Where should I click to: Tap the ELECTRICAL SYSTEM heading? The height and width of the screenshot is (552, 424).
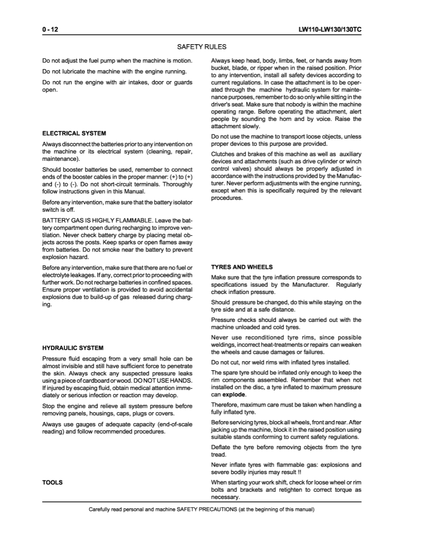point(74,133)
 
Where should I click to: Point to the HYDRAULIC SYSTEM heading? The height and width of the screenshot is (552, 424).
point(73,347)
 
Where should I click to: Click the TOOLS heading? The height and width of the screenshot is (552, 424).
point(52,482)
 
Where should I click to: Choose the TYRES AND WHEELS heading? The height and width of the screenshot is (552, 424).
point(242,267)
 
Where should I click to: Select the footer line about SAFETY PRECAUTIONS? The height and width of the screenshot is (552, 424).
point(201,509)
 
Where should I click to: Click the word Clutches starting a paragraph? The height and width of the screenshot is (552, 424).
point(224,154)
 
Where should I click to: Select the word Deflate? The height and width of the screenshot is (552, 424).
point(222,446)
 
